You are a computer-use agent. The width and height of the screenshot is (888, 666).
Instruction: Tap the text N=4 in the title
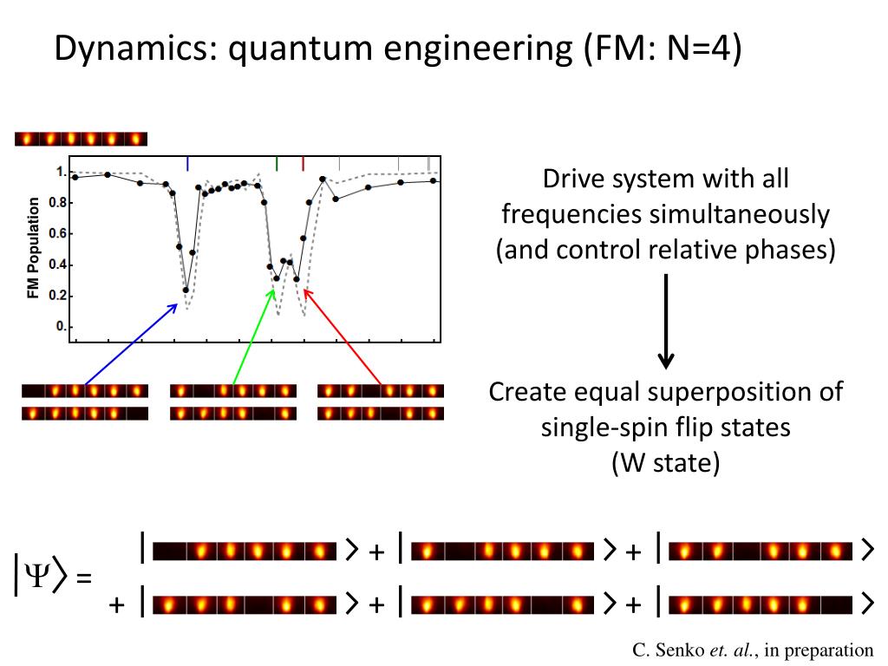click(x=699, y=49)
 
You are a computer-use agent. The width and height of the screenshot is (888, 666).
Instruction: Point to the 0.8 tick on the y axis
click(x=56, y=203)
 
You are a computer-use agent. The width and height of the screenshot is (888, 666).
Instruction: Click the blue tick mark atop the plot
click(x=188, y=163)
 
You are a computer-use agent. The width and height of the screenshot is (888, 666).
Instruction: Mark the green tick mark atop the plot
click(x=277, y=163)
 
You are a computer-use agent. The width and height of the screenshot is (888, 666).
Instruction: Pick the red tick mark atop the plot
click(x=304, y=163)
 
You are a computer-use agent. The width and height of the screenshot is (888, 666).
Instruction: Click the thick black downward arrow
click(x=666, y=321)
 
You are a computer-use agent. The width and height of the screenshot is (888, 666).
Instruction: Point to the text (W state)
click(x=665, y=462)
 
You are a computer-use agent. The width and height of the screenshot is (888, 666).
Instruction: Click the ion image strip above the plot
click(x=82, y=139)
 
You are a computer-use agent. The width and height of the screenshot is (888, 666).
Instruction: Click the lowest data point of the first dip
click(x=186, y=290)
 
